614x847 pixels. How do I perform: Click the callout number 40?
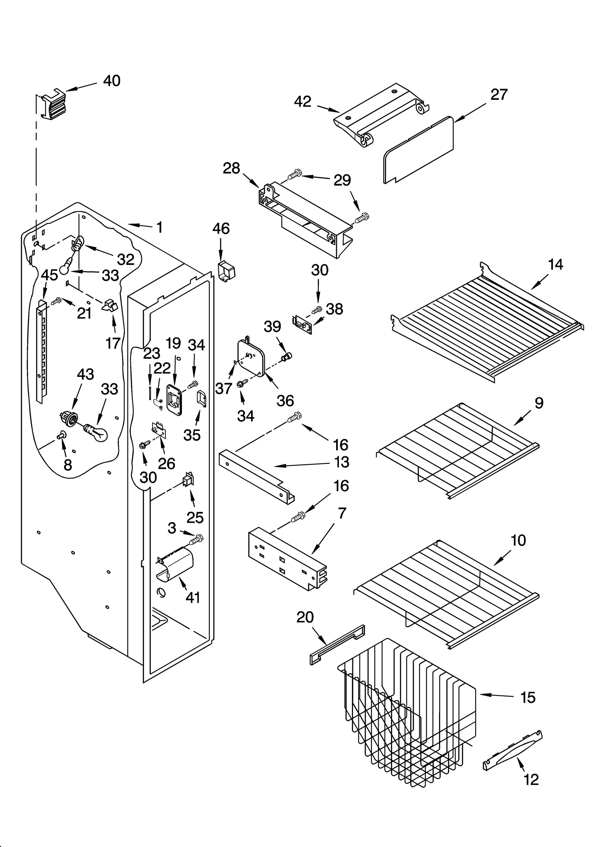(x=112, y=81)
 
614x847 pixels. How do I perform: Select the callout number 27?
(x=499, y=95)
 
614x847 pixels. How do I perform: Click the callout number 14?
(x=556, y=265)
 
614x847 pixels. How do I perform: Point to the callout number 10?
(x=518, y=541)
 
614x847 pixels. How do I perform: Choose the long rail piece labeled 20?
(x=337, y=645)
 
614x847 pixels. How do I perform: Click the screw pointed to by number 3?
(x=197, y=539)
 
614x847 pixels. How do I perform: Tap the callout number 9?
(x=539, y=403)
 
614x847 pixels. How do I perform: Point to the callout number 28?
(x=231, y=168)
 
